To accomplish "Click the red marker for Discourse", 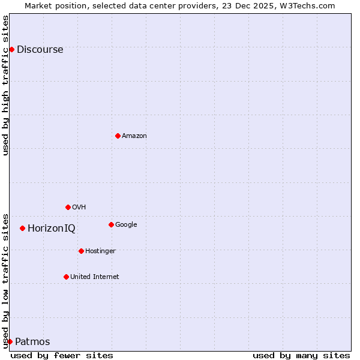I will (x=11, y=49).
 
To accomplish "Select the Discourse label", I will (x=40, y=50).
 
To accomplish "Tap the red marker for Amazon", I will (x=118, y=136).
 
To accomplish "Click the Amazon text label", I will (x=134, y=136).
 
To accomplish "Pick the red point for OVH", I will (x=68, y=207).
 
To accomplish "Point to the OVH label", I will (x=79, y=208).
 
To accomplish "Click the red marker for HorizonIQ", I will (x=22, y=228).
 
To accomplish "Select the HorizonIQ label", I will (x=52, y=229).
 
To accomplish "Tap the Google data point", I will (x=111, y=224).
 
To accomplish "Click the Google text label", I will (x=126, y=225).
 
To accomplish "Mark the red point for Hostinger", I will (x=81, y=251).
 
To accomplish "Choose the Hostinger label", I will (x=100, y=251).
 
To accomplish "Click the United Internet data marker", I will (x=66, y=277).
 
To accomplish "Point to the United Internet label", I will (x=94, y=277).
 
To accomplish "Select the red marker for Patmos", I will (x=10, y=341).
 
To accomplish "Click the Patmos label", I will (x=32, y=342).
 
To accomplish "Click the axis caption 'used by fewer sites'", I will (x=62, y=356).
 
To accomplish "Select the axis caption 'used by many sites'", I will (x=301, y=356).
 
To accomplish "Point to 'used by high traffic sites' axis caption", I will (x=5, y=85).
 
